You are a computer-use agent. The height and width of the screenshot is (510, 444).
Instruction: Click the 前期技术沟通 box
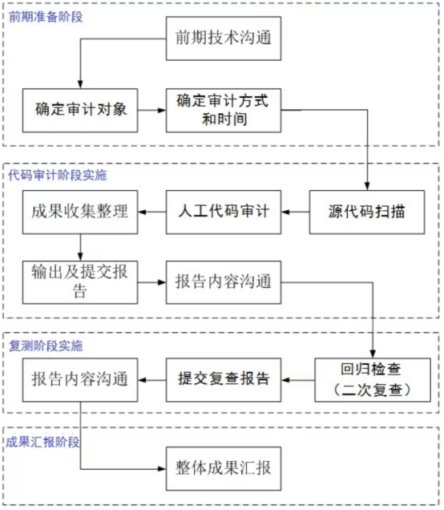[224, 38]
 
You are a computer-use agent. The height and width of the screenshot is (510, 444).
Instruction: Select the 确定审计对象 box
[80, 111]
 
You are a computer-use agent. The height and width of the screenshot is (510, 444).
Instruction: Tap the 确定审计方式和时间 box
[224, 111]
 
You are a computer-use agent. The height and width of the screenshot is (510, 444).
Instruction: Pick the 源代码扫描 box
[367, 212]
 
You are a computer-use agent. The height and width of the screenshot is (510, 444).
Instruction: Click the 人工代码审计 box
[224, 212]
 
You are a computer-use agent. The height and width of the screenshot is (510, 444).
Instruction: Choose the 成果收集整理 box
[80, 212]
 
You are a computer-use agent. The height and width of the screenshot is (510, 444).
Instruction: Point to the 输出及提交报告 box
[80, 282]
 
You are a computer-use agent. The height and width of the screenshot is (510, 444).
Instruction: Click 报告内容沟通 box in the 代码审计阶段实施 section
[224, 282]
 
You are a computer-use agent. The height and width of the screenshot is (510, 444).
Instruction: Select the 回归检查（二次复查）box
[373, 380]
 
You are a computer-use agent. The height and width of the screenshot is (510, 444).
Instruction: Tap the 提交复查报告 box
[224, 380]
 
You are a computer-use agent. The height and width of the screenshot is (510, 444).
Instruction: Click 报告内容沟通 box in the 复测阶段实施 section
[80, 380]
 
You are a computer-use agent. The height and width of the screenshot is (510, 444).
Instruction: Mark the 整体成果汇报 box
[224, 468]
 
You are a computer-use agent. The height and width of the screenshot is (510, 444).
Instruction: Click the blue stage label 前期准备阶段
[46, 17]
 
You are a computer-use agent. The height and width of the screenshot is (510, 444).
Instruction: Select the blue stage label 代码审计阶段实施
[58, 175]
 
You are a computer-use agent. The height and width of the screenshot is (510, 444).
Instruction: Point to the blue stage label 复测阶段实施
[46, 346]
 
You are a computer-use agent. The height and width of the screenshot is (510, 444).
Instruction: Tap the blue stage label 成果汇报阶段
[42, 442]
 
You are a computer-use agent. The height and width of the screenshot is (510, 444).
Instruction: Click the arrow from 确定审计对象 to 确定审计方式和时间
[151, 111]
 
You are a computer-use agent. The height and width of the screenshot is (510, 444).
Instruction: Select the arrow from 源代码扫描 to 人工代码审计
[296, 212]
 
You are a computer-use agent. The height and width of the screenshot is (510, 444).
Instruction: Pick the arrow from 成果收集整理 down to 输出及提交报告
[80, 247]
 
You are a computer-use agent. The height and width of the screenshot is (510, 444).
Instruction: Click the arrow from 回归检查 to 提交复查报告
[298, 380]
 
